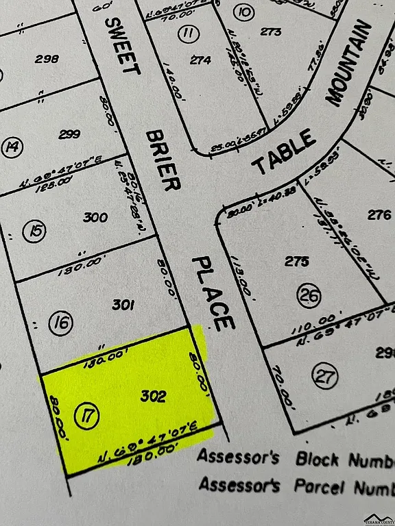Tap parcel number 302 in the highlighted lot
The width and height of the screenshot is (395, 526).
click(153, 396)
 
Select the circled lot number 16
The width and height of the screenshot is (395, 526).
click(62, 323)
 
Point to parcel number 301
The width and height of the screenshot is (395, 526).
click(122, 305)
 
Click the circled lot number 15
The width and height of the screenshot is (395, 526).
click(34, 231)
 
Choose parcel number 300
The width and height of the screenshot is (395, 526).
click(95, 218)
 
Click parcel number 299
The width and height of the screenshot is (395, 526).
click(69, 134)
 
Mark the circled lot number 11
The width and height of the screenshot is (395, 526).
click(187, 33)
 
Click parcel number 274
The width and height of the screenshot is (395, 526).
click(200, 60)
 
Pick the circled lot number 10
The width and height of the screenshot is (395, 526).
click(243, 12)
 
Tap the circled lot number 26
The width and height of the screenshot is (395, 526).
click(309, 295)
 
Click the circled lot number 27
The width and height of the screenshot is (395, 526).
click(322, 375)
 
